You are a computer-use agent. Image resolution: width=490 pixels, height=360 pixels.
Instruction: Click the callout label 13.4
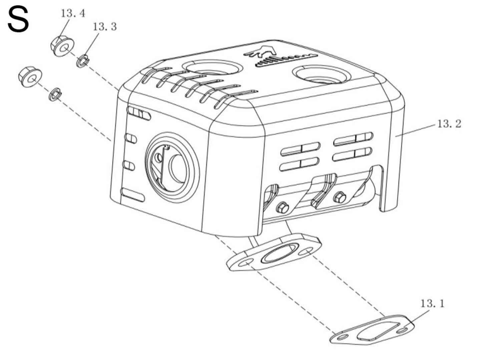point(73,13)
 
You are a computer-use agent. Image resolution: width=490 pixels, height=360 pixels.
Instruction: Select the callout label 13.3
point(105,27)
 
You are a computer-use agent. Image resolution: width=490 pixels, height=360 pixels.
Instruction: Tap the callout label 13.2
point(449,124)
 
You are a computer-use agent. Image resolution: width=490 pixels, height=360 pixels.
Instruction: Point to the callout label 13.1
point(432,304)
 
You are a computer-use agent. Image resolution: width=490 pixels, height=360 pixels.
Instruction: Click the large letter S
point(18,20)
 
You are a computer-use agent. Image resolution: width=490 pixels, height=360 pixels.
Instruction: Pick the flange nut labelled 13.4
point(62,47)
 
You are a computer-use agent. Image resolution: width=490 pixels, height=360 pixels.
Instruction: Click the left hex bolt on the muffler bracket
point(282,208)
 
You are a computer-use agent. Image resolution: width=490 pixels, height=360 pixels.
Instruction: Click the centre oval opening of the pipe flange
point(279,253)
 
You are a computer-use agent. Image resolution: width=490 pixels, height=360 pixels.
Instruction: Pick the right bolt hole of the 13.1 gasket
point(403,330)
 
